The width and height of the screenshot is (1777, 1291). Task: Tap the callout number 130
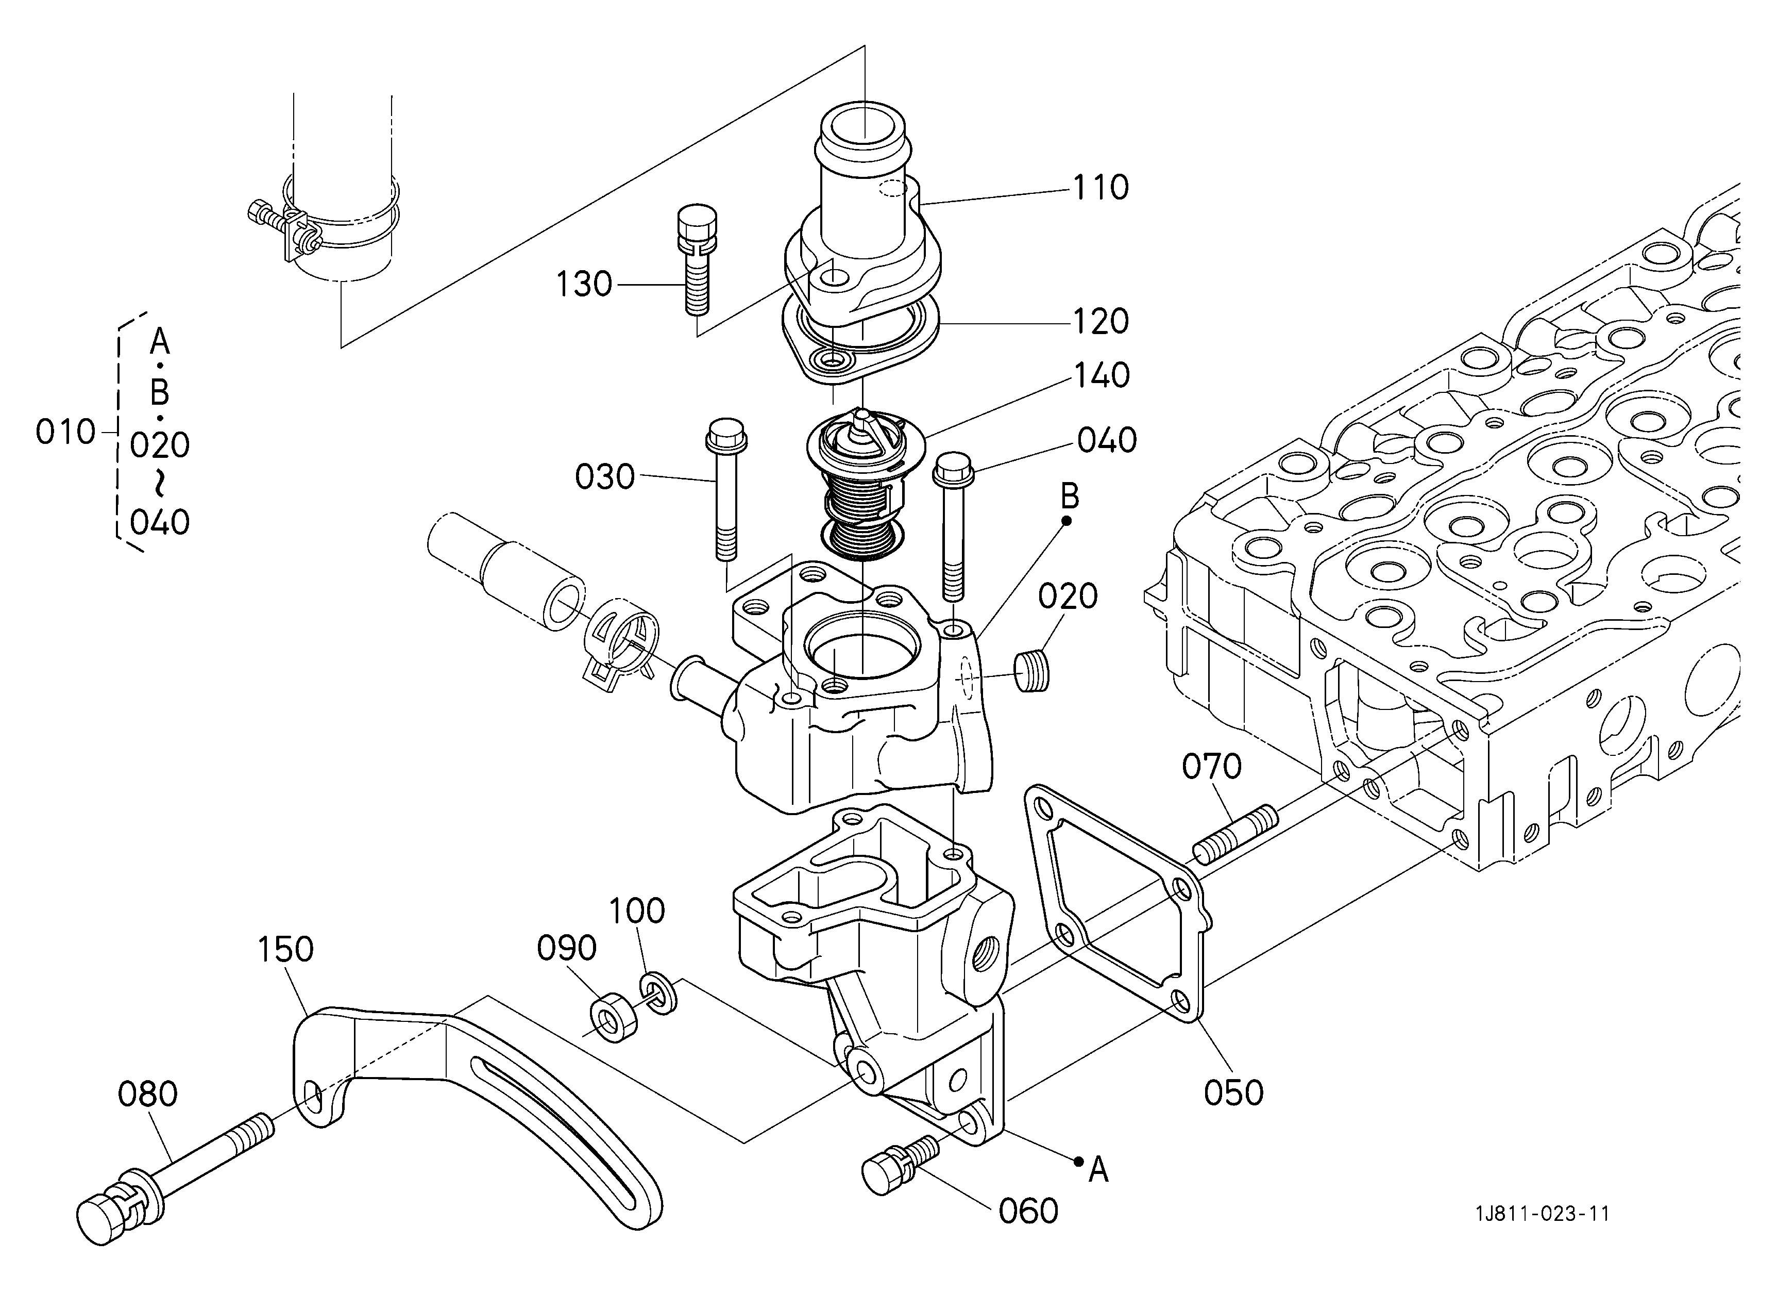click(584, 285)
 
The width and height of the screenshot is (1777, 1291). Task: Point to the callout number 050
click(1234, 1093)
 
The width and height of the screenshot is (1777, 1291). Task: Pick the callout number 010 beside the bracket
click(66, 432)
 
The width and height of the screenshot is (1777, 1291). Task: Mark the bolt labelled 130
click(696, 259)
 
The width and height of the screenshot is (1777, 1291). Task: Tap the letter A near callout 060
click(1098, 1171)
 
